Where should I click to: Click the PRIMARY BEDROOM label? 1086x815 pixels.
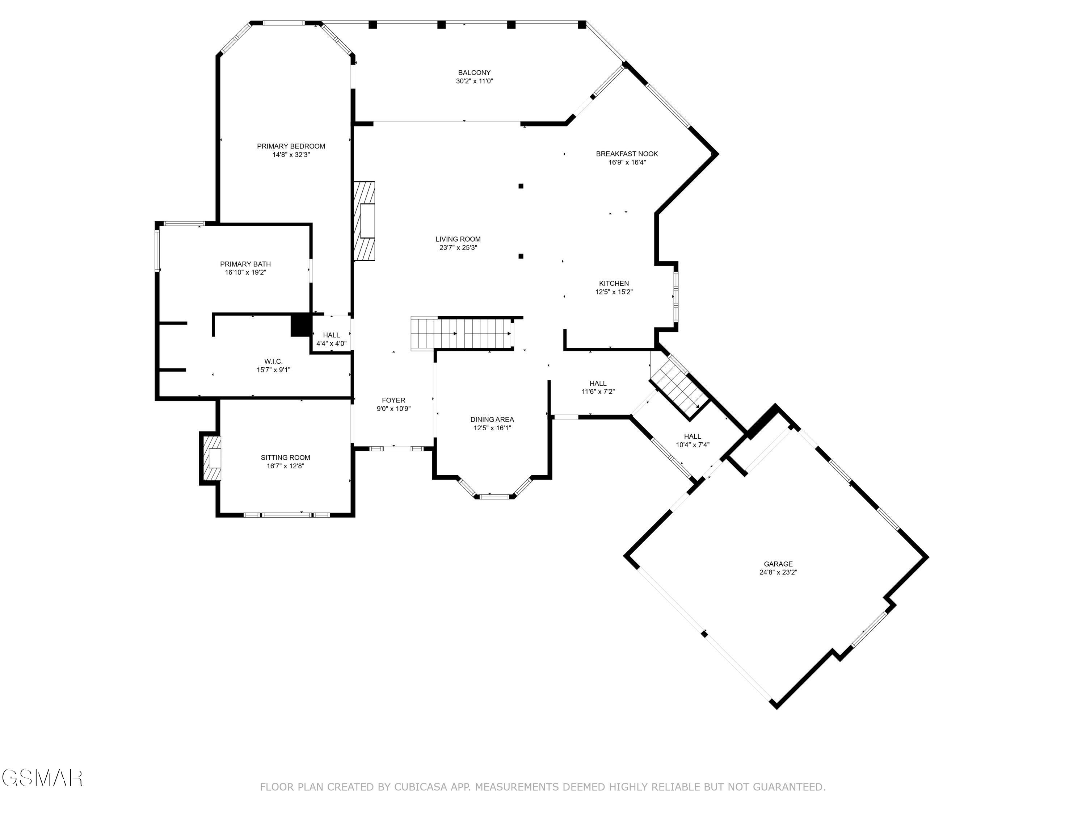291,146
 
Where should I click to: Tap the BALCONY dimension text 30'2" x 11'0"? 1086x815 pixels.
474,81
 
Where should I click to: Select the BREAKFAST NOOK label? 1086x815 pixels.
627,154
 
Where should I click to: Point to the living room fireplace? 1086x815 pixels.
364,221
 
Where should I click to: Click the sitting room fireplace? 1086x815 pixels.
212,458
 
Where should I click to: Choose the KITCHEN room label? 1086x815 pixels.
613,284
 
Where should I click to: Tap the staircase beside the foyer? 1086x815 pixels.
462,334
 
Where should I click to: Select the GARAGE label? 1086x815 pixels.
778,564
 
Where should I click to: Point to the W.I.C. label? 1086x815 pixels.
273,361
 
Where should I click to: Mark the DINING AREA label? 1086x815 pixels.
492,419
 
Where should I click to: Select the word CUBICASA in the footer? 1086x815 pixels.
420,787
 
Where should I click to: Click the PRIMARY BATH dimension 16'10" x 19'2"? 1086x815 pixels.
245,272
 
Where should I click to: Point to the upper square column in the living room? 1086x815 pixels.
521,186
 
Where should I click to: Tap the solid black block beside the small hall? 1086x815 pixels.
300,325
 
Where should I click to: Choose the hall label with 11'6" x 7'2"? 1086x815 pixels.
598,383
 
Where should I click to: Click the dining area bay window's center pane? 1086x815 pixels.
494,497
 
